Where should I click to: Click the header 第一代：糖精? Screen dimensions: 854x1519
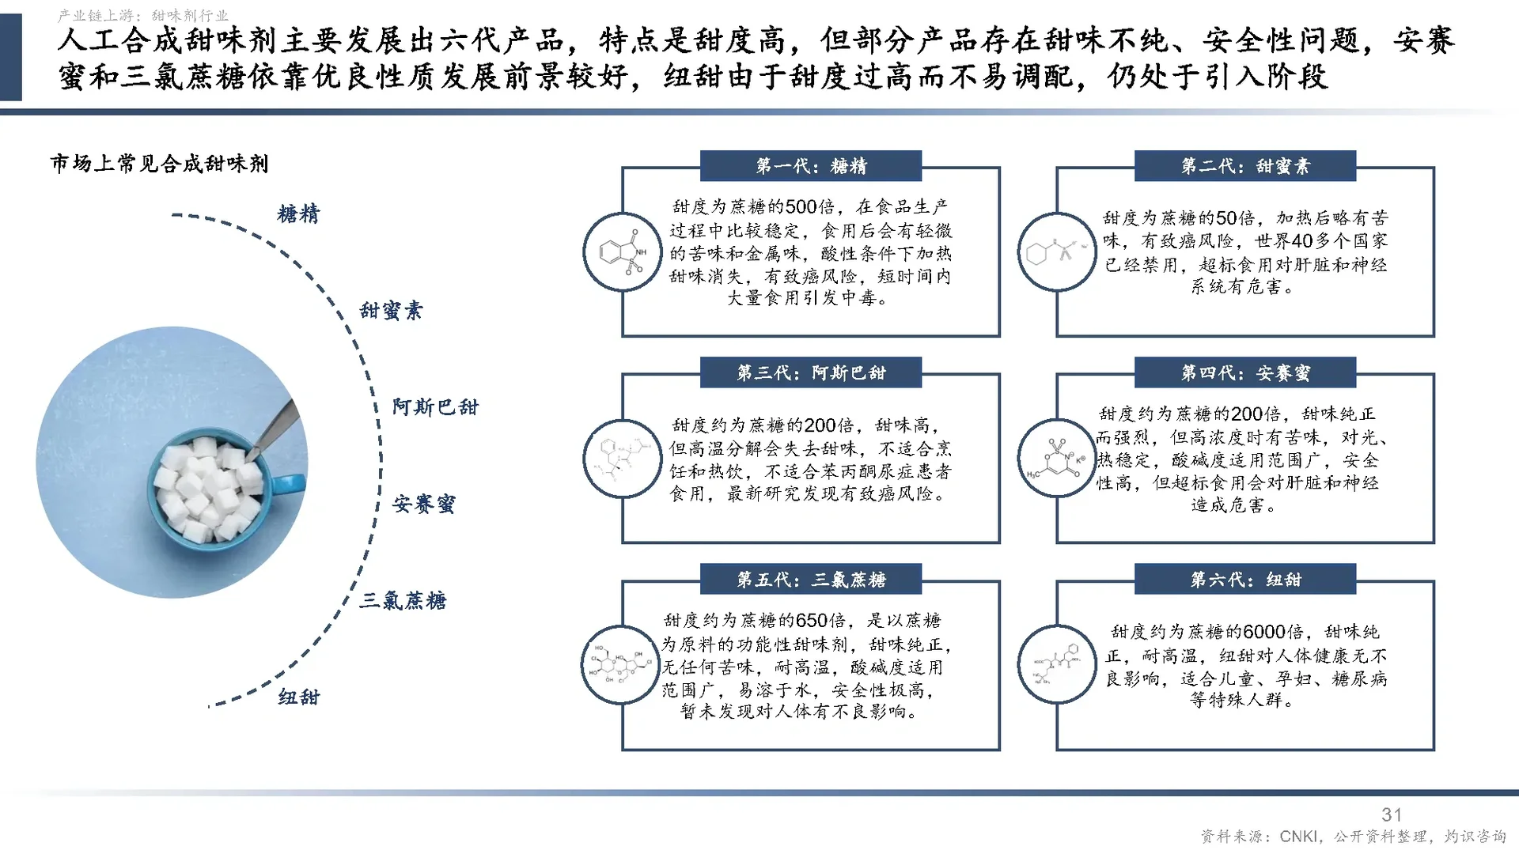coord(811,166)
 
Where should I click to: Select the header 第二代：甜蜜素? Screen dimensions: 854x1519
coord(1245,166)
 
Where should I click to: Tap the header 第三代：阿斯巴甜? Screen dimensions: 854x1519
coord(811,372)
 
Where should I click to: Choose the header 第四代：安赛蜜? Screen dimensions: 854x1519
coord(1245,372)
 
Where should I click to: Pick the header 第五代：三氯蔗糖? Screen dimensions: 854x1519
coord(811,580)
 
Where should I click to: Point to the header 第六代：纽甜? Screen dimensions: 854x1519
coord(1245,580)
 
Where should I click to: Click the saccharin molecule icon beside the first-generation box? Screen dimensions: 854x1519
coord(623,252)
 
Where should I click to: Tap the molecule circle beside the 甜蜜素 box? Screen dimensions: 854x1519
coord(1057,252)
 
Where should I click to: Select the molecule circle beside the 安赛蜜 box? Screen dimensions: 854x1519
coord(1057,459)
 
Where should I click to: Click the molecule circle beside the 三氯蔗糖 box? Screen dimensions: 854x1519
coord(621,665)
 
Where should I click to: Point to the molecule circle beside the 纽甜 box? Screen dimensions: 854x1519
coord(1057,665)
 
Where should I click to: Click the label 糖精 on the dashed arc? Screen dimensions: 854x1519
coord(299,214)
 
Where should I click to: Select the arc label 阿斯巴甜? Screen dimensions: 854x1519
coord(435,407)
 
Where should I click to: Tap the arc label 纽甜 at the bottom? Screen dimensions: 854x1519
coord(299,697)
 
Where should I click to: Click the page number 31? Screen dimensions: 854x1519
coord(1392,814)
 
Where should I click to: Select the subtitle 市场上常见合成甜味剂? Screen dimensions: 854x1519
coord(160,164)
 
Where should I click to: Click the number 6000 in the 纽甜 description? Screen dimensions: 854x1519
coord(1264,632)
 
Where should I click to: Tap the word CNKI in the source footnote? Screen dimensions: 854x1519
coord(1299,837)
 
